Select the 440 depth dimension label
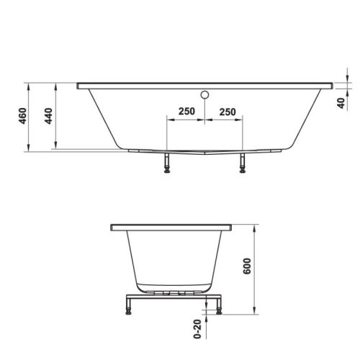(x=49, y=117)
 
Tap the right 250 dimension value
(x=228, y=112)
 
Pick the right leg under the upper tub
(x=242, y=163)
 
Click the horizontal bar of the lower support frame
(x=172, y=297)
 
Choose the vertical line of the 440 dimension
(x=56, y=119)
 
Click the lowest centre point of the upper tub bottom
(x=205, y=153)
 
